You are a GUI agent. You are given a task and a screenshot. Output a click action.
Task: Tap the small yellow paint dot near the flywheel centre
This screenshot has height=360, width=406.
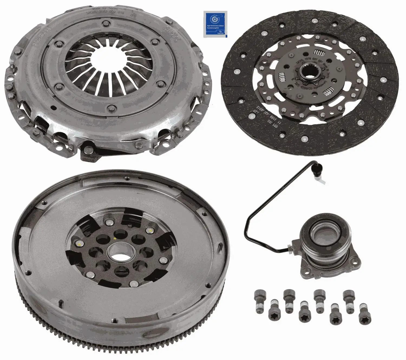click(115, 239)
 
